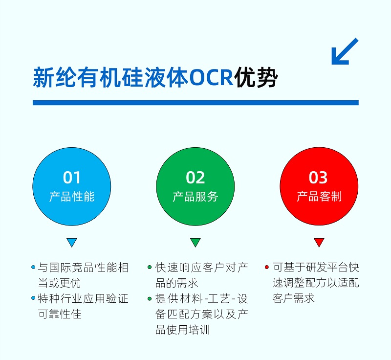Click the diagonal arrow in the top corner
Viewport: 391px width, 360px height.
pyautogui.click(x=345, y=51)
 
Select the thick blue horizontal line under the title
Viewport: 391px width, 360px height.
pyautogui.click(x=195, y=103)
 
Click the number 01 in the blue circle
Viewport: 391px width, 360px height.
pyautogui.click(x=72, y=178)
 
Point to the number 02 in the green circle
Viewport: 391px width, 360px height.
pyautogui.click(x=195, y=178)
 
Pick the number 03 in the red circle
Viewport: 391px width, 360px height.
pyautogui.click(x=319, y=178)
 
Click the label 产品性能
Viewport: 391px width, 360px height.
pyautogui.click(x=72, y=197)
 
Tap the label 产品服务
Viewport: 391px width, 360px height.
pyautogui.click(x=195, y=197)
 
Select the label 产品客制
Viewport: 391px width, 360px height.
pyautogui.click(x=319, y=197)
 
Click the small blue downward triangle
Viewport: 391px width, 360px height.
pyautogui.click(x=72, y=242)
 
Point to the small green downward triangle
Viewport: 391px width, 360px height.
pyautogui.click(x=195, y=242)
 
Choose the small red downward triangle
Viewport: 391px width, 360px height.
pyautogui.click(x=319, y=242)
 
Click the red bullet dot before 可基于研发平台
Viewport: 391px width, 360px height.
pyautogui.click(x=266, y=267)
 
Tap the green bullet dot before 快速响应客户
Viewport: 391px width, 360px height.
pyautogui.click(x=150, y=267)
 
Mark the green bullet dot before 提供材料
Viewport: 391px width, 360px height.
pyautogui.click(x=150, y=298)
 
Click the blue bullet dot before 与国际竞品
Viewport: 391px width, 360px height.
pyautogui.click(x=33, y=267)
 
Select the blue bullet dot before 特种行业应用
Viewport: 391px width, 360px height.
pyautogui.click(x=33, y=298)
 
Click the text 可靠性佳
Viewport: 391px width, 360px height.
pyautogui.click(x=60, y=314)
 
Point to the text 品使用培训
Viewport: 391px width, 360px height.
pyautogui.click(x=182, y=330)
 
